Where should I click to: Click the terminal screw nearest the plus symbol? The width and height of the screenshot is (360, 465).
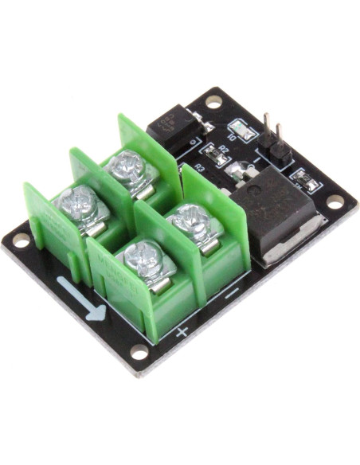pos(146,259)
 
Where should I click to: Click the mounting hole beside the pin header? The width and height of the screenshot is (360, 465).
pos(213,102)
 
